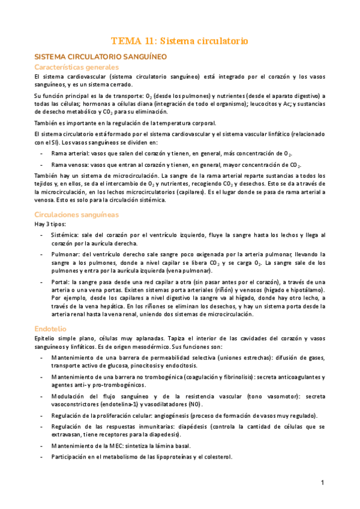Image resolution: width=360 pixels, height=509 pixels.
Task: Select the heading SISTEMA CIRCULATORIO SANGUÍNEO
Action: (100, 57)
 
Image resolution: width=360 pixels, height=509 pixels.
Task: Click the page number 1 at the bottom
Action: (322, 483)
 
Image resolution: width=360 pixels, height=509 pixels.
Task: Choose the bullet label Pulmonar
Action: (65, 254)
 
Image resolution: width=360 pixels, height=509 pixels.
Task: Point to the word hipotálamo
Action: (308, 290)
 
